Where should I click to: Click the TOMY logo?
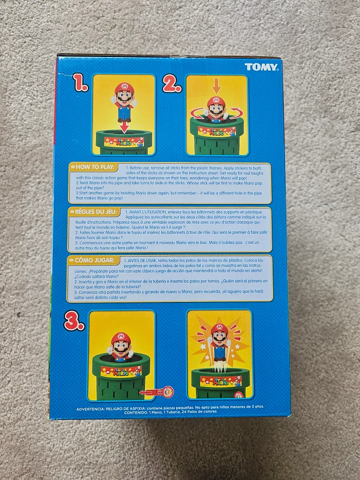coord(261,67)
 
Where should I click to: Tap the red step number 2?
coord(171,85)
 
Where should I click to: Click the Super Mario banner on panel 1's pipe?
coord(123,142)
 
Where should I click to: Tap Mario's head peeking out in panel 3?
coord(121,345)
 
